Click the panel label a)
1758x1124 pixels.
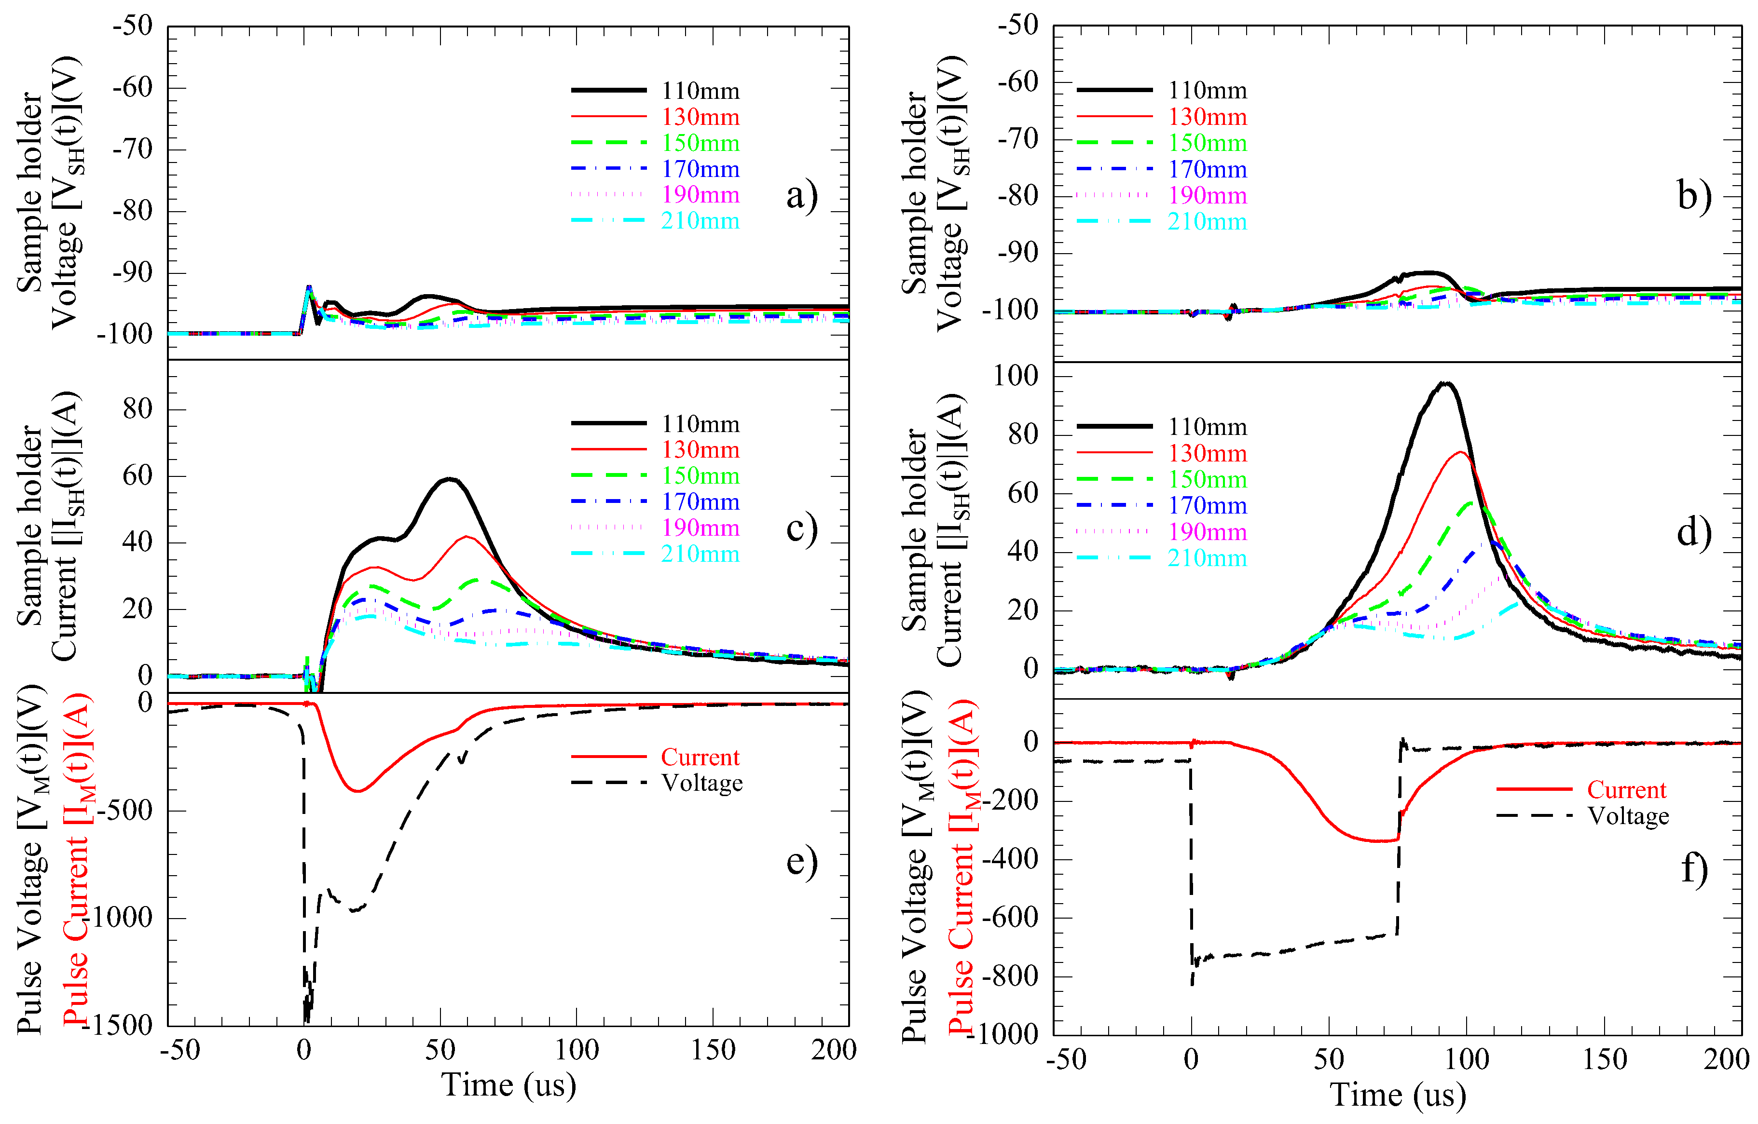click(802, 196)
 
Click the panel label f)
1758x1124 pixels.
click(1694, 868)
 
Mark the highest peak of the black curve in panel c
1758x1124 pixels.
click(451, 479)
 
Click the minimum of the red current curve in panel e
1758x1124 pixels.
click(358, 791)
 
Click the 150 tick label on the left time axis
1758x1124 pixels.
click(713, 1050)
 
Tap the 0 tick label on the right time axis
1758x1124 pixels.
click(1191, 1060)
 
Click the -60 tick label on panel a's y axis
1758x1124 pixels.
click(132, 88)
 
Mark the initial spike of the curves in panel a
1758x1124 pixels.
click(309, 287)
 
